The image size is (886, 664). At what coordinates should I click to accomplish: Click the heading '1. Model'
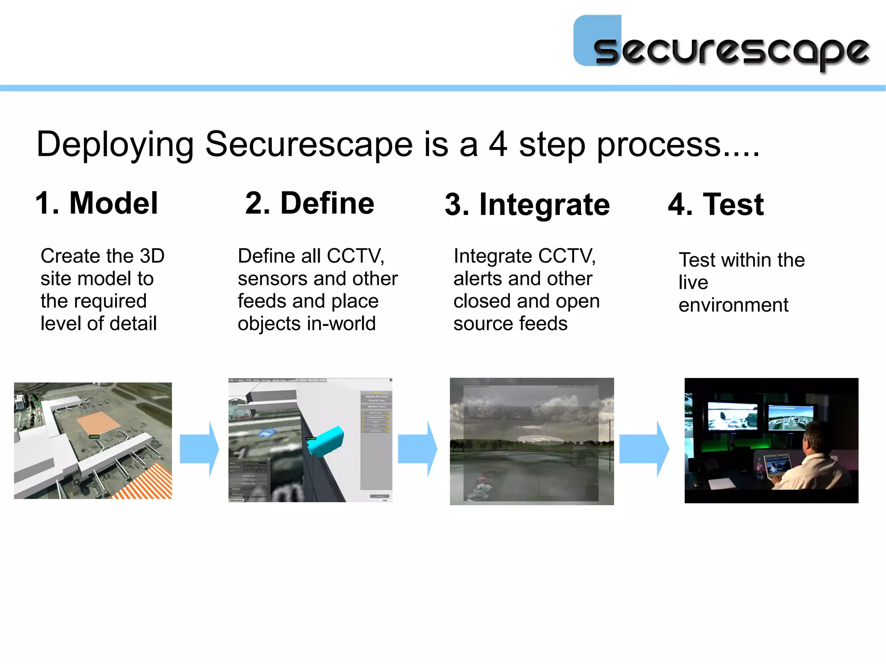(96, 203)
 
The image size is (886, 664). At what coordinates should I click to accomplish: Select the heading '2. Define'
(309, 203)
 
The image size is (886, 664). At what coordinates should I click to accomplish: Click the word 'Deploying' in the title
(115, 145)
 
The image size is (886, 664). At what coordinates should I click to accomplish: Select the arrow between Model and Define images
(199, 449)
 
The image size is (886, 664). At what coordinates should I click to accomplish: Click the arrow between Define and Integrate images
(417, 449)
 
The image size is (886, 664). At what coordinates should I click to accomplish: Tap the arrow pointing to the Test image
(644, 449)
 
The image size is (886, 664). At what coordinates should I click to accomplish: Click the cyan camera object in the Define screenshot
(327, 440)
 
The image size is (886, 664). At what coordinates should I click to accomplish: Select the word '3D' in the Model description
(152, 256)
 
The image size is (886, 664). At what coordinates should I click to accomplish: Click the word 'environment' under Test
(733, 305)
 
